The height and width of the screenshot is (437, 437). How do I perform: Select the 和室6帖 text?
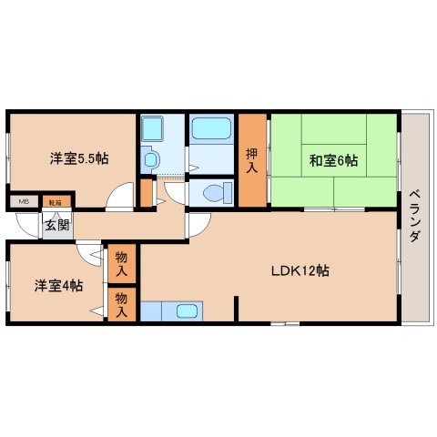(332, 161)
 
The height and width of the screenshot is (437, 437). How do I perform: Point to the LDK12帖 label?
(300, 270)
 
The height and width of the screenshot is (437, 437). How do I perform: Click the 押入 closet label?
(252, 159)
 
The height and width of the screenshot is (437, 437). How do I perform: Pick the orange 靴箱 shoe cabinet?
(55, 200)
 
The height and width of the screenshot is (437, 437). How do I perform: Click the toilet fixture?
(213, 193)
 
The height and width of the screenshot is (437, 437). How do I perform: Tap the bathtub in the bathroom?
(211, 129)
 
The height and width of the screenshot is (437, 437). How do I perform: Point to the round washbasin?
(150, 158)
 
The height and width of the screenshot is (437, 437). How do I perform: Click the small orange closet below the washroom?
(146, 193)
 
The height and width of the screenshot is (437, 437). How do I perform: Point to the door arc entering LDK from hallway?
(199, 229)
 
